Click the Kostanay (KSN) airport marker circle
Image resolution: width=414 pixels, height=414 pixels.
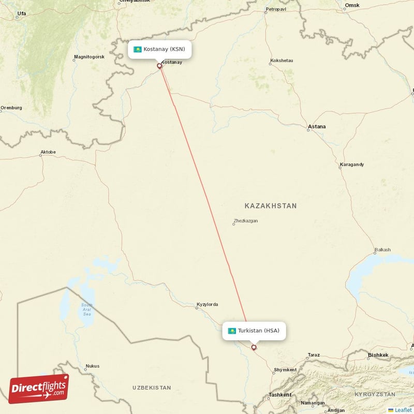coord(159,66)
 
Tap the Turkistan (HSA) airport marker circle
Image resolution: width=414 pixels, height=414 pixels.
coord(254,347)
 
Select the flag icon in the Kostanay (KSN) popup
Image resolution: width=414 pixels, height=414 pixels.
coord(138,50)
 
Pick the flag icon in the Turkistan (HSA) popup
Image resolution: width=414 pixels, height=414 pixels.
coord(232,331)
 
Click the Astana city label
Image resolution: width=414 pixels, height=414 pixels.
coord(317,126)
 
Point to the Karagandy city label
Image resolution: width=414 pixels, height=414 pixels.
coord(352,165)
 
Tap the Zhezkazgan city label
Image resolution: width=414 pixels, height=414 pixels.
coord(245,221)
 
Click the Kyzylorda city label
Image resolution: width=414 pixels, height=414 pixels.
coord(207,304)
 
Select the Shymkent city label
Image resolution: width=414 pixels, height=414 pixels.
coord(285,370)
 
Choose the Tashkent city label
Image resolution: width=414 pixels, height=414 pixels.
coord(279,395)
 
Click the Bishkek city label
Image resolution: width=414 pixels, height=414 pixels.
coord(377,355)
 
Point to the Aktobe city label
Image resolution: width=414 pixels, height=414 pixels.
coord(48,152)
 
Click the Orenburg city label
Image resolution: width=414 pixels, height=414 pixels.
coord(11,108)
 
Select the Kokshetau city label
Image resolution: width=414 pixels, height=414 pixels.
coord(282,61)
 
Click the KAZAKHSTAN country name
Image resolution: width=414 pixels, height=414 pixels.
coord(271,206)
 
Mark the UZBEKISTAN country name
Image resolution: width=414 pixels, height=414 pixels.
coord(151,387)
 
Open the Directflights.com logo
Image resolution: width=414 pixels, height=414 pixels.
coord(39,389)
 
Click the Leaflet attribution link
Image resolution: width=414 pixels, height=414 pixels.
coord(403,410)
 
